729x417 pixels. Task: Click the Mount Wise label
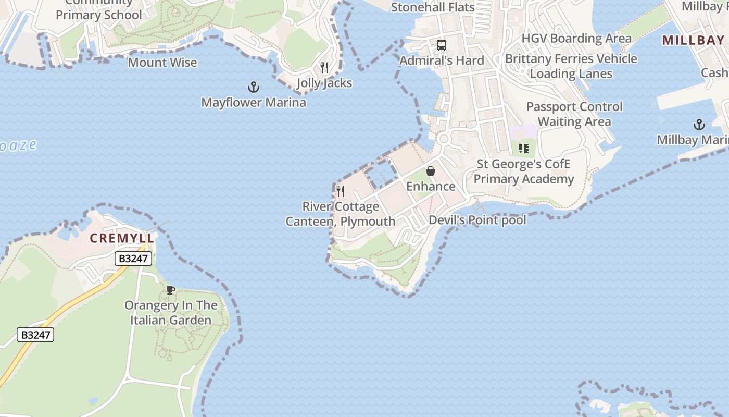pos(162,63)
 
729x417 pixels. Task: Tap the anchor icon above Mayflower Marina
pos(254,87)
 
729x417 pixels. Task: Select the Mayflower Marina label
pos(254,102)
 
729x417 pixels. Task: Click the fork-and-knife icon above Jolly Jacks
pos(324,68)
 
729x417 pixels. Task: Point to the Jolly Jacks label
pos(324,83)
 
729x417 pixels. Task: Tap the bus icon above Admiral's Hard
pos(442,45)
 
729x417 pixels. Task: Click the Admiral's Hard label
pos(442,60)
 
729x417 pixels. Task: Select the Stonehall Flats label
pos(433,7)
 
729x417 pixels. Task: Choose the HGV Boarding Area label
pos(576,39)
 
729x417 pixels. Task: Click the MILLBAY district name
pos(693,40)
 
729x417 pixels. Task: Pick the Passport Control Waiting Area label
pos(574,114)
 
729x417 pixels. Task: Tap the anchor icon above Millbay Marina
pos(699,125)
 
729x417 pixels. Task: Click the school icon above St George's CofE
pos(524,149)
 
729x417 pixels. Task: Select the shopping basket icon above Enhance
pos(431,171)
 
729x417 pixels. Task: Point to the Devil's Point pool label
pos(477,220)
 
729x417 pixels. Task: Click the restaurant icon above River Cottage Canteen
pos(341,191)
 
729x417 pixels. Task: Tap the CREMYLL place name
pos(122,238)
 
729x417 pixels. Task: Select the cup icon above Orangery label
pos(170,290)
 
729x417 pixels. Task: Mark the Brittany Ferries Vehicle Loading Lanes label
pos(571,66)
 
